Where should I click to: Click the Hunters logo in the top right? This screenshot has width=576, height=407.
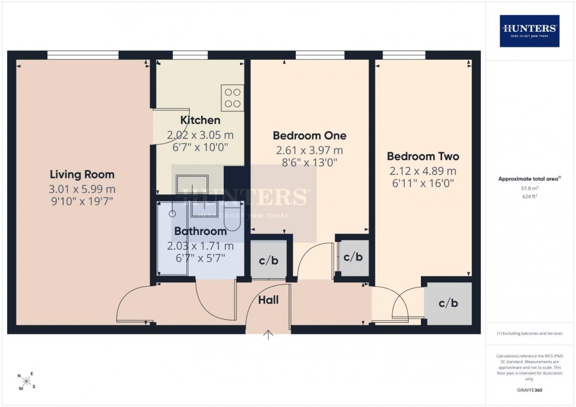pyautogui.click(x=529, y=31)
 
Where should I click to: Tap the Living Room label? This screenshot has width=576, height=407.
pyautogui.click(x=82, y=175)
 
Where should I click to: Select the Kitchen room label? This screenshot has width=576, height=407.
pyautogui.click(x=200, y=120)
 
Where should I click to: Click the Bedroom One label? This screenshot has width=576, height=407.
pyautogui.click(x=309, y=135)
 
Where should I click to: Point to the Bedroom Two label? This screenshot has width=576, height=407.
pyautogui.click(x=423, y=156)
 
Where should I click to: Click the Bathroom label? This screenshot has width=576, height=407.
pyautogui.click(x=200, y=231)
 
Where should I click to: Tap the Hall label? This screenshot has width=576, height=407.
pyautogui.click(x=268, y=300)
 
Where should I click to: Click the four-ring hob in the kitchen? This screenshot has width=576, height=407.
pyautogui.click(x=232, y=98)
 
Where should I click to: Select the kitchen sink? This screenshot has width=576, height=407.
pyautogui.click(x=192, y=184)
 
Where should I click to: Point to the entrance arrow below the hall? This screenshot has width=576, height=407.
pyautogui.click(x=268, y=335)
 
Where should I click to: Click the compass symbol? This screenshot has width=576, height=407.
pyautogui.click(x=26, y=381)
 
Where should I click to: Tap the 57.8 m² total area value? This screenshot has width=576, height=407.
pyautogui.click(x=529, y=188)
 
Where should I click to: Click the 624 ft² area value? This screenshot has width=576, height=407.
pyautogui.click(x=529, y=196)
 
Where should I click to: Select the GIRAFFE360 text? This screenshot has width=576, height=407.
pyautogui.click(x=529, y=390)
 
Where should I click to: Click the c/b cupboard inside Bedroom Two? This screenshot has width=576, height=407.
pyautogui.click(x=448, y=303)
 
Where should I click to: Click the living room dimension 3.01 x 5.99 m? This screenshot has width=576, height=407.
pyautogui.click(x=82, y=189)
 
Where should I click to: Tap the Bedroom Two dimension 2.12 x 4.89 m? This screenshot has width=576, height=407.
pyautogui.click(x=423, y=171)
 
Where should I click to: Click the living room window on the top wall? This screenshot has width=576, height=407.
pyautogui.click(x=83, y=55)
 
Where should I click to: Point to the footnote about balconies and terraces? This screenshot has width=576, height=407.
pyautogui.click(x=529, y=333)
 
